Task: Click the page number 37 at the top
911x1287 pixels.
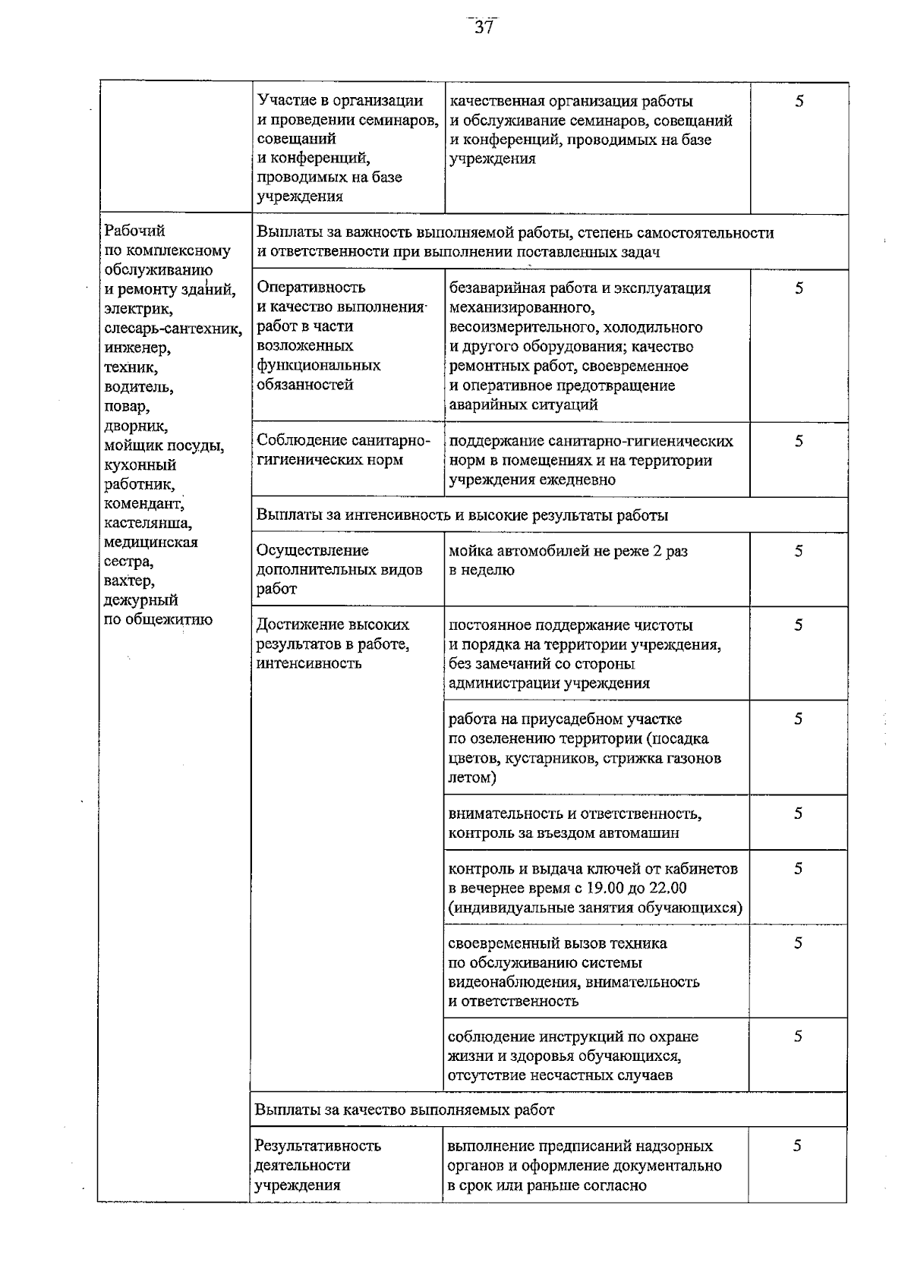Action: (484, 28)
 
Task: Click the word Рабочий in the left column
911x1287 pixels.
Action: (134, 231)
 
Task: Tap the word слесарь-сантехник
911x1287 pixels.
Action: (173, 329)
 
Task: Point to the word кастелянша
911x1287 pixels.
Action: (148, 523)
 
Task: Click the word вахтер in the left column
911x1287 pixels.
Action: (129, 581)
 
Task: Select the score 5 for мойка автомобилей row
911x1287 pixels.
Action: (799, 552)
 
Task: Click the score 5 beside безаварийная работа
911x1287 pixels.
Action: (799, 288)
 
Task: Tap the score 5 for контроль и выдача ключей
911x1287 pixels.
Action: (798, 869)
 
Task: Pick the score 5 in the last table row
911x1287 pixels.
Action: (797, 1146)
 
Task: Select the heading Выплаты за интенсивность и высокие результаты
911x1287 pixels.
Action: (462, 515)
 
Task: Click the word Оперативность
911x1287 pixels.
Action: (311, 287)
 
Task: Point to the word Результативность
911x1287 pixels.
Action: (318, 1145)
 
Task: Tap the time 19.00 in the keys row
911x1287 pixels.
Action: (598, 888)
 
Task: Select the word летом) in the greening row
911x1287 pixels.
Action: (472, 778)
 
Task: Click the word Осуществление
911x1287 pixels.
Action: (313, 550)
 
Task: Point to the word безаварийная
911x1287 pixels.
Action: (496, 288)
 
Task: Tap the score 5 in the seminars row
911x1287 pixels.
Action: (799, 102)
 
